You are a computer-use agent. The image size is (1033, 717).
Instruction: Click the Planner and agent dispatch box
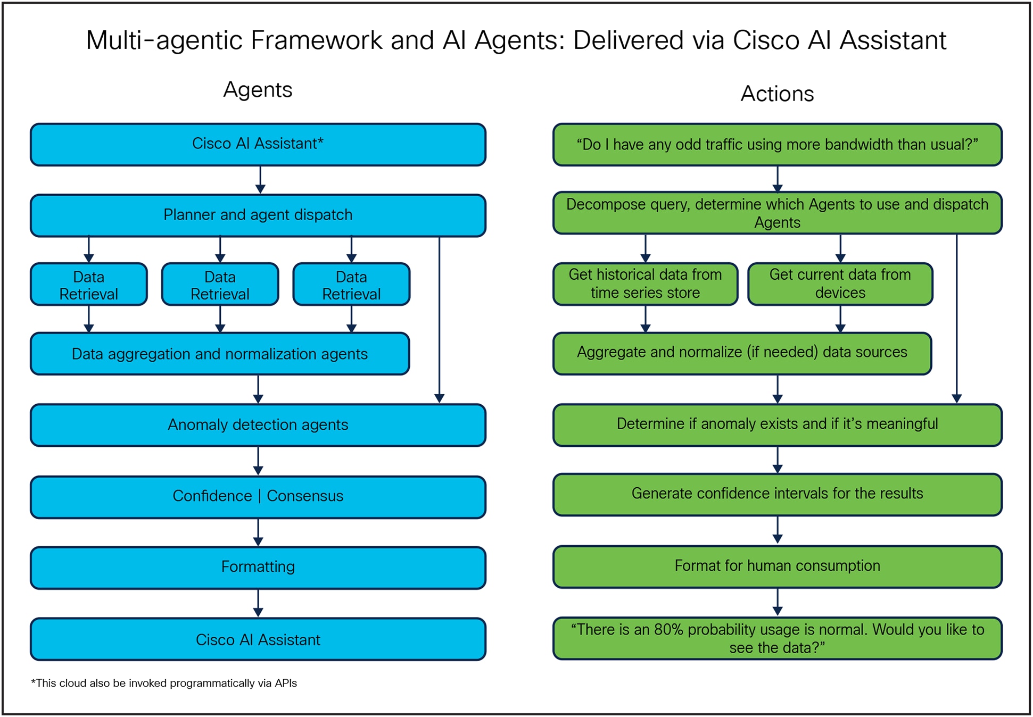click(x=258, y=215)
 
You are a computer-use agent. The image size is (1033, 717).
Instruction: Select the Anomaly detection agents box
click(x=258, y=424)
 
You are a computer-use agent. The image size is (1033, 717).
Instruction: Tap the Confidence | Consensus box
click(x=258, y=496)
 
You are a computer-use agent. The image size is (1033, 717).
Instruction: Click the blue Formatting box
click(x=258, y=567)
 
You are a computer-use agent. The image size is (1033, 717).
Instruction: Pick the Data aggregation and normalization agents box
click(x=219, y=354)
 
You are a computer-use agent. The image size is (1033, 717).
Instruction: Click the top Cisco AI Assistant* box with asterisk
click(x=258, y=144)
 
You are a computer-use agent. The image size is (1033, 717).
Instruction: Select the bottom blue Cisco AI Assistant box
click(x=258, y=639)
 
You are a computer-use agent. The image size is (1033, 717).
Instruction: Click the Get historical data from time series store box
click(x=645, y=284)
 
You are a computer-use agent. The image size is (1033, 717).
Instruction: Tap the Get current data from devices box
click(x=840, y=284)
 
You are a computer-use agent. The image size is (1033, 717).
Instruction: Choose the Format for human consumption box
click(x=777, y=566)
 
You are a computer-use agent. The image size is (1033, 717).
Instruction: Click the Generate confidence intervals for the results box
click(x=777, y=494)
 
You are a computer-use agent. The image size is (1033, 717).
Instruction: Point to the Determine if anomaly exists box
click(x=777, y=424)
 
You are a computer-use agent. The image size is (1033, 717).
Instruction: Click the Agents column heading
click(x=258, y=89)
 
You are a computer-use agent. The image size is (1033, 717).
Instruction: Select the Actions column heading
click(x=777, y=94)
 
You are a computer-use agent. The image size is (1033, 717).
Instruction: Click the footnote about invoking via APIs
click(x=164, y=683)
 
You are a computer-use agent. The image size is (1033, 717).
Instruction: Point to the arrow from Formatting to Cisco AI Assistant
click(x=258, y=603)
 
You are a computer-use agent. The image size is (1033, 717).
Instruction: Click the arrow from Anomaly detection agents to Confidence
click(x=258, y=461)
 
